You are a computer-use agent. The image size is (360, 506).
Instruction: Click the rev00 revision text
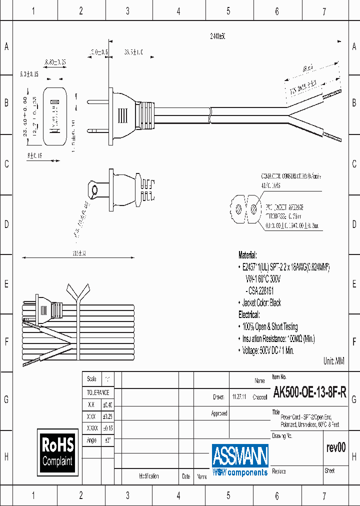point(335,447)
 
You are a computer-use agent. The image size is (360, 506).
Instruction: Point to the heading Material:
point(247,254)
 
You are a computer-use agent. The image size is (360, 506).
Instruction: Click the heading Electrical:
point(249,314)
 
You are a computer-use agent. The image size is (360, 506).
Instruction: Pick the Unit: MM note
point(334,360)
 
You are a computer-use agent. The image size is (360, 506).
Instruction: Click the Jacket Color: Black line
point(262,302)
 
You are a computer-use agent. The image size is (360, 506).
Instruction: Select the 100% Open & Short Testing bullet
point(270,326)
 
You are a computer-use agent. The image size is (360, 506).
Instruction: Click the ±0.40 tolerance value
point(107,404)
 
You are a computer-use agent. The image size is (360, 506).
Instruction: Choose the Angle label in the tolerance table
point(91,440)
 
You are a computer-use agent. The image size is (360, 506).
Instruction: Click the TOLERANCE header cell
point(98,392)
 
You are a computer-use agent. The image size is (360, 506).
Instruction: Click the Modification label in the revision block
point(149,476)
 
